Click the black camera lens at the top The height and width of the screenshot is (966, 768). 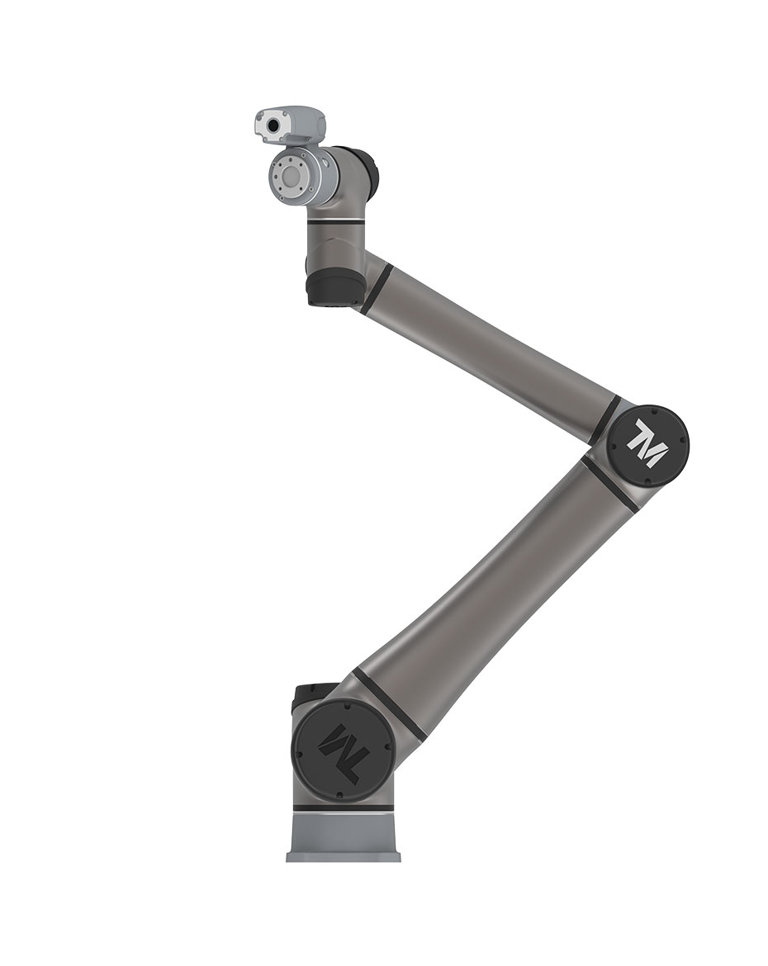pos(272,126)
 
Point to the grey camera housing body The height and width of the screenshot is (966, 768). pos(289,125)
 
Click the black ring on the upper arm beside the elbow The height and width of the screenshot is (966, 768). pos(604,420)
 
